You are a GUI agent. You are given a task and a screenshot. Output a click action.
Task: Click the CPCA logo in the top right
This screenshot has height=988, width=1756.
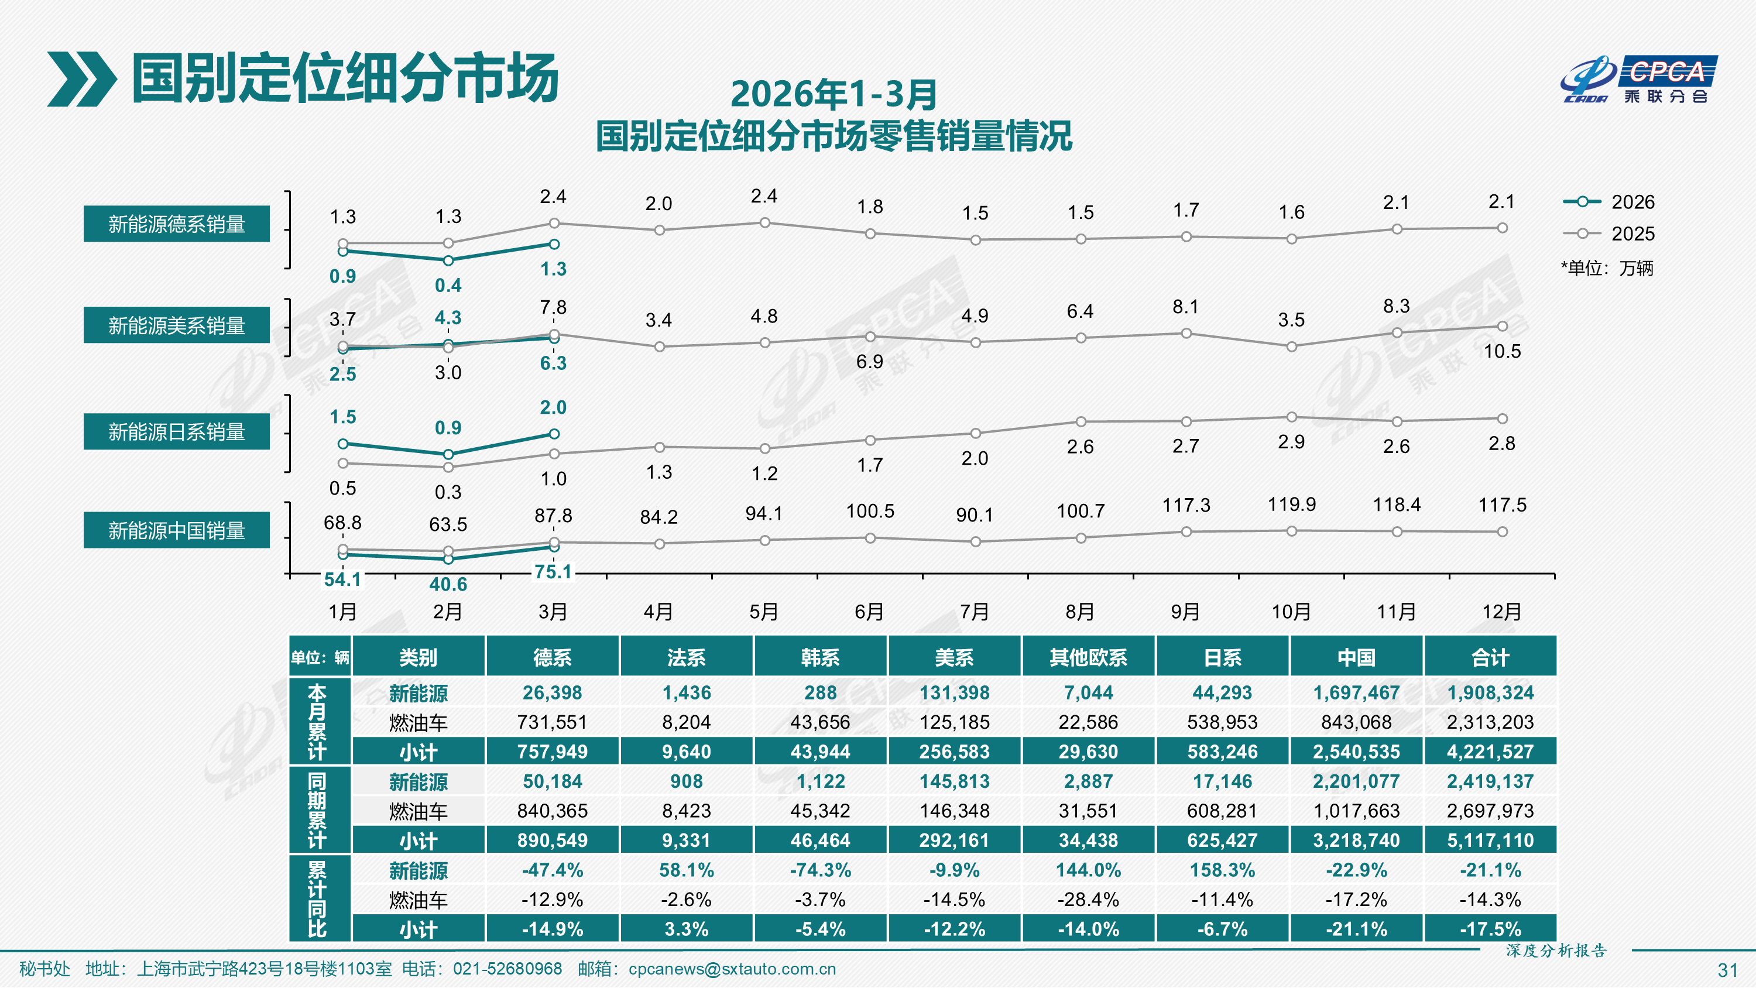1639,79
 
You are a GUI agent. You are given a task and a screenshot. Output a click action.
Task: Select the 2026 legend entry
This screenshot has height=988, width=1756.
1608,202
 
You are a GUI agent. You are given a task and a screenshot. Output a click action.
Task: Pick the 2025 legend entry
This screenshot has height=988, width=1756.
1608,234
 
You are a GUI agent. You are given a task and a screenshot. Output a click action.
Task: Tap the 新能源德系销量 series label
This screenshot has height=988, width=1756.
177,224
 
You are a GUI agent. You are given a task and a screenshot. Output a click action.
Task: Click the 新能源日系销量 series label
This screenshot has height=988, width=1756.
177,431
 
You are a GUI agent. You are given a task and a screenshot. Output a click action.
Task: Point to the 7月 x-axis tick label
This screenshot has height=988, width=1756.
975,612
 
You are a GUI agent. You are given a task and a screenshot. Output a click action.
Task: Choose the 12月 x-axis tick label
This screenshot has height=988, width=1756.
1502,612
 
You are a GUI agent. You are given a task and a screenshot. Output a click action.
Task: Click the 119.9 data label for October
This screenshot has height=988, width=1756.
1291,505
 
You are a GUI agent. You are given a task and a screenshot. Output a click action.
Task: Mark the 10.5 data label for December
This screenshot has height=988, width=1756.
1502,351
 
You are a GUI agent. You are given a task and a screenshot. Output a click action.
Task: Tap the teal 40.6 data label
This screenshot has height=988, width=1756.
448,584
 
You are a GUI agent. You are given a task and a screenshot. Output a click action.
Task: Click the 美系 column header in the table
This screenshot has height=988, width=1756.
954,657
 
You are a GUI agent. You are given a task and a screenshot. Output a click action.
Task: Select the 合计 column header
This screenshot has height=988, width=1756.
1490,657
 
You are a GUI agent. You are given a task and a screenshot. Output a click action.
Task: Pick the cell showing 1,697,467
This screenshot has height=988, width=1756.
1356,693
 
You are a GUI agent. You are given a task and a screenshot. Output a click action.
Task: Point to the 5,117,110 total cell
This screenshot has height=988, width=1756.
1490,840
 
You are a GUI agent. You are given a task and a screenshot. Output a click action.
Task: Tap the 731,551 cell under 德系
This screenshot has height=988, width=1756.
552,722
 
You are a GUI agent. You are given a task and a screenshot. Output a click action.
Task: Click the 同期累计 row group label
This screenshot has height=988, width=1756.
317,810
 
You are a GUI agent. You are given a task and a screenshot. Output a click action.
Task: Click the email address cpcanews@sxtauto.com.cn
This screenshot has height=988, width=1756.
732,969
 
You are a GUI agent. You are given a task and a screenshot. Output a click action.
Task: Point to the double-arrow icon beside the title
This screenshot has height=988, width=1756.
81,79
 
